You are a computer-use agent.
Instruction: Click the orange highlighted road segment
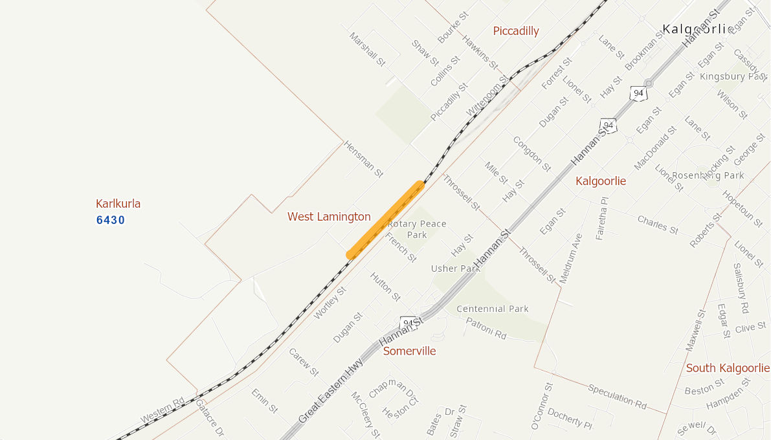386,220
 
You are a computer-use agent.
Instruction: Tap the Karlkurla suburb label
118,204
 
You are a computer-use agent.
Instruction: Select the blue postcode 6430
111,220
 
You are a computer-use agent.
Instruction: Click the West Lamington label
329,217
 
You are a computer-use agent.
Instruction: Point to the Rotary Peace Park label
417,229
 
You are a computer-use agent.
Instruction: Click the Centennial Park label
492,309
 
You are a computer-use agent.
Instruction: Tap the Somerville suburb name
409,351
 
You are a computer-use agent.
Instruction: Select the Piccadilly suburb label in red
515,31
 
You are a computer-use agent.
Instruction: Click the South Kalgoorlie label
728,368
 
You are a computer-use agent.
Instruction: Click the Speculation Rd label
617,396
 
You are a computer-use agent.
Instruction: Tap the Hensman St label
363,159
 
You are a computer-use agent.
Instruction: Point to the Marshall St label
367,50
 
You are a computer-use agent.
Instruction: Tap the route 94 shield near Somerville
408,322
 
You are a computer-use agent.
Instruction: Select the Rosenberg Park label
708,175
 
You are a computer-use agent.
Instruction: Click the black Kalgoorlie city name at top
697,29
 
